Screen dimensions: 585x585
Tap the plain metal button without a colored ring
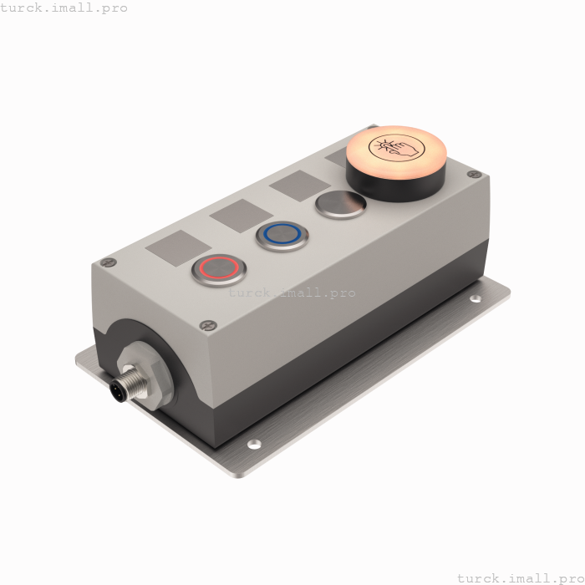point(340,204)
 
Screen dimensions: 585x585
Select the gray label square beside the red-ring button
point(179,248)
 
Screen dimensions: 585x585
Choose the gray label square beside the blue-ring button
point(242,216)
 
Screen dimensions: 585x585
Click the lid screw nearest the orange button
point(474,175)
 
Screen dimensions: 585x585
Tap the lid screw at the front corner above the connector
point(206,325)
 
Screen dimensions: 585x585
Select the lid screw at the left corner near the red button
point(109,262)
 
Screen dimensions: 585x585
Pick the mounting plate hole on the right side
point(476,298)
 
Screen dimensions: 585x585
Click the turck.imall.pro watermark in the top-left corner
point(64,8)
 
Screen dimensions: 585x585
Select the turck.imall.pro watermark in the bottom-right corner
point(520,577)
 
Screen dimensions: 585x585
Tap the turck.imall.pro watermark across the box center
point(292,292)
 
